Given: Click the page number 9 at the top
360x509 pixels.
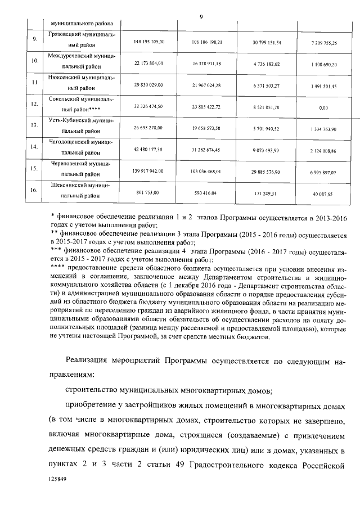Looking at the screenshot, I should coord(201,15).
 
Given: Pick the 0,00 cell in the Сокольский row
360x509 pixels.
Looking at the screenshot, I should coord(323,107).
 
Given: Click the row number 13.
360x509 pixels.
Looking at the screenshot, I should coord(34,125).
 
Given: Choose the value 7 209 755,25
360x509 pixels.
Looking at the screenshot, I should coord(323,43).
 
